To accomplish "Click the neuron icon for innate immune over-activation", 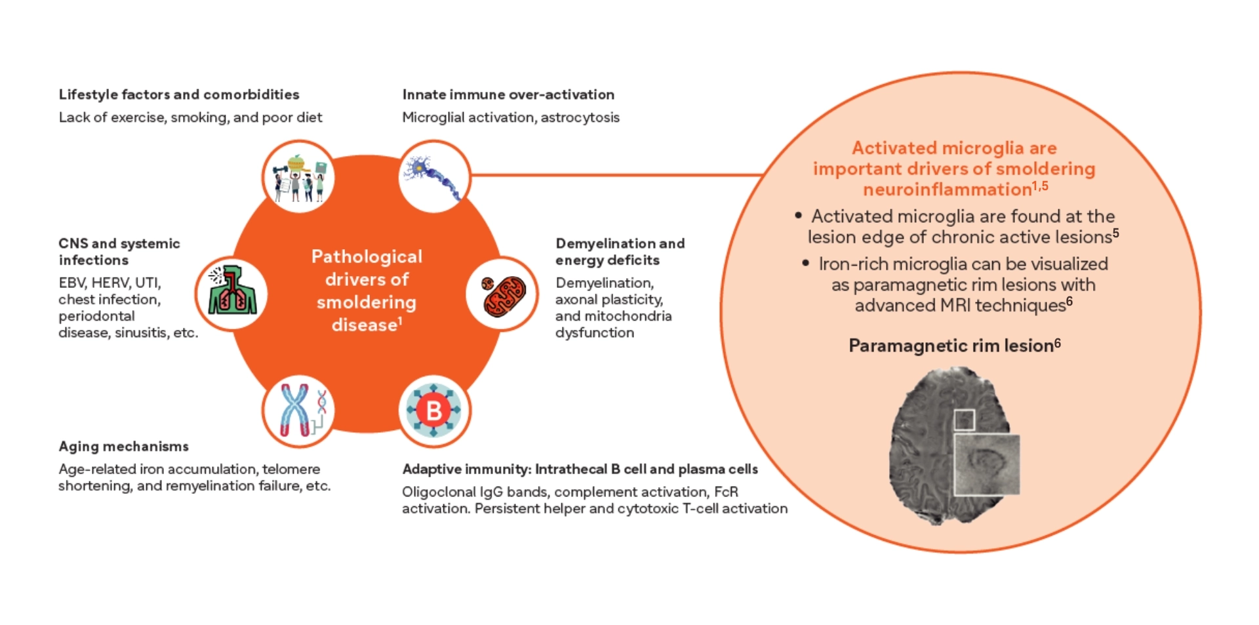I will (434, 176).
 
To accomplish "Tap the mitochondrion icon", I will (503, 294).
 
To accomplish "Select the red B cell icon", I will (434, 411).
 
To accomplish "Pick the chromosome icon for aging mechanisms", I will (299, 411).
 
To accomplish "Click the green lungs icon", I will (231, 293).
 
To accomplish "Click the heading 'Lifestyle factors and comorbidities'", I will (178, 94).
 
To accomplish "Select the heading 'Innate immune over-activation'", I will (508, 94).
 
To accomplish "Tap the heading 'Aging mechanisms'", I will (123, 447).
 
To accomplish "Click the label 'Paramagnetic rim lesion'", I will (950, 346).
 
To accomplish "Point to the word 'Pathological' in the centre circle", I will (367, 256).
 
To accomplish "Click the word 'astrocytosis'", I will (580, 117).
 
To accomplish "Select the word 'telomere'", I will (291, 469).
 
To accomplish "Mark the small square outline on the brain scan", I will (964, 420).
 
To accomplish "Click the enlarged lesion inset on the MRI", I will (987, 464).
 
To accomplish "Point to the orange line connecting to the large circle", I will (616, 175).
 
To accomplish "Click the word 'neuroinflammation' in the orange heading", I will (947, 190).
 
